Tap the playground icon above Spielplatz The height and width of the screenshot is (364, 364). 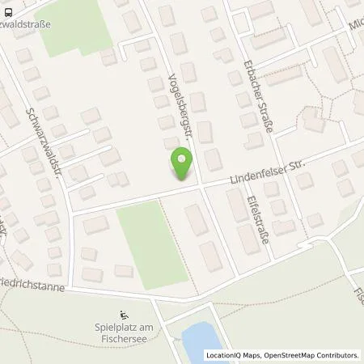pyautogui.click(x=124, y=315)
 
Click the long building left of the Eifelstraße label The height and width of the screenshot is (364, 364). pyautogui.click(x=244, y=236)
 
